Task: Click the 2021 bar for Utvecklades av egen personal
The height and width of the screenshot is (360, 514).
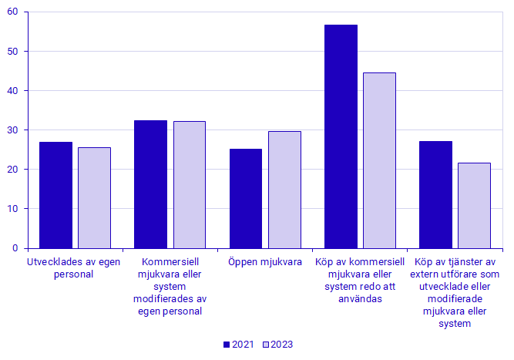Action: (55, 195)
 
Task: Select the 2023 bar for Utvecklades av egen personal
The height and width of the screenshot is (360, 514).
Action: (94, 198)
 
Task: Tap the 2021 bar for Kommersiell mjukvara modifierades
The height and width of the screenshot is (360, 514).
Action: (150, 184)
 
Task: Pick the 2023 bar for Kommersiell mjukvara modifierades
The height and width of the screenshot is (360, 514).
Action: (190, 185)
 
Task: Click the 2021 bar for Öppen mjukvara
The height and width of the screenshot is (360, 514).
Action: (246, 199)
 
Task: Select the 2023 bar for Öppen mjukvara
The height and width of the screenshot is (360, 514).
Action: (284, 190)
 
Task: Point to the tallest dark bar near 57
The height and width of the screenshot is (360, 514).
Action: (341, 136)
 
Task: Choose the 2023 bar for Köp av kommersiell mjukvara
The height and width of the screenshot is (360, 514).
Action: (379, 160)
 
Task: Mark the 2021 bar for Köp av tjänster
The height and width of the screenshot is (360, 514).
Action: (436, 195)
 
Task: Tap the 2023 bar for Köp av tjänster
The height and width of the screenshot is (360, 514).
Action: (474, 206)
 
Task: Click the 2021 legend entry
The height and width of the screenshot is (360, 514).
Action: (237, 345)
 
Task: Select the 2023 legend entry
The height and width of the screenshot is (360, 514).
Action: (277, 345)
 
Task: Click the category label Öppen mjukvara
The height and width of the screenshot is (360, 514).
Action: (265, 262)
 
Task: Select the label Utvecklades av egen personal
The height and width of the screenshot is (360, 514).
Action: (75, 267)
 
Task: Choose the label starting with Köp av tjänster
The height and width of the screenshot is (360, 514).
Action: (455, 293)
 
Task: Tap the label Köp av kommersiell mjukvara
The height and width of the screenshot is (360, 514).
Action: (360, 281)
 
